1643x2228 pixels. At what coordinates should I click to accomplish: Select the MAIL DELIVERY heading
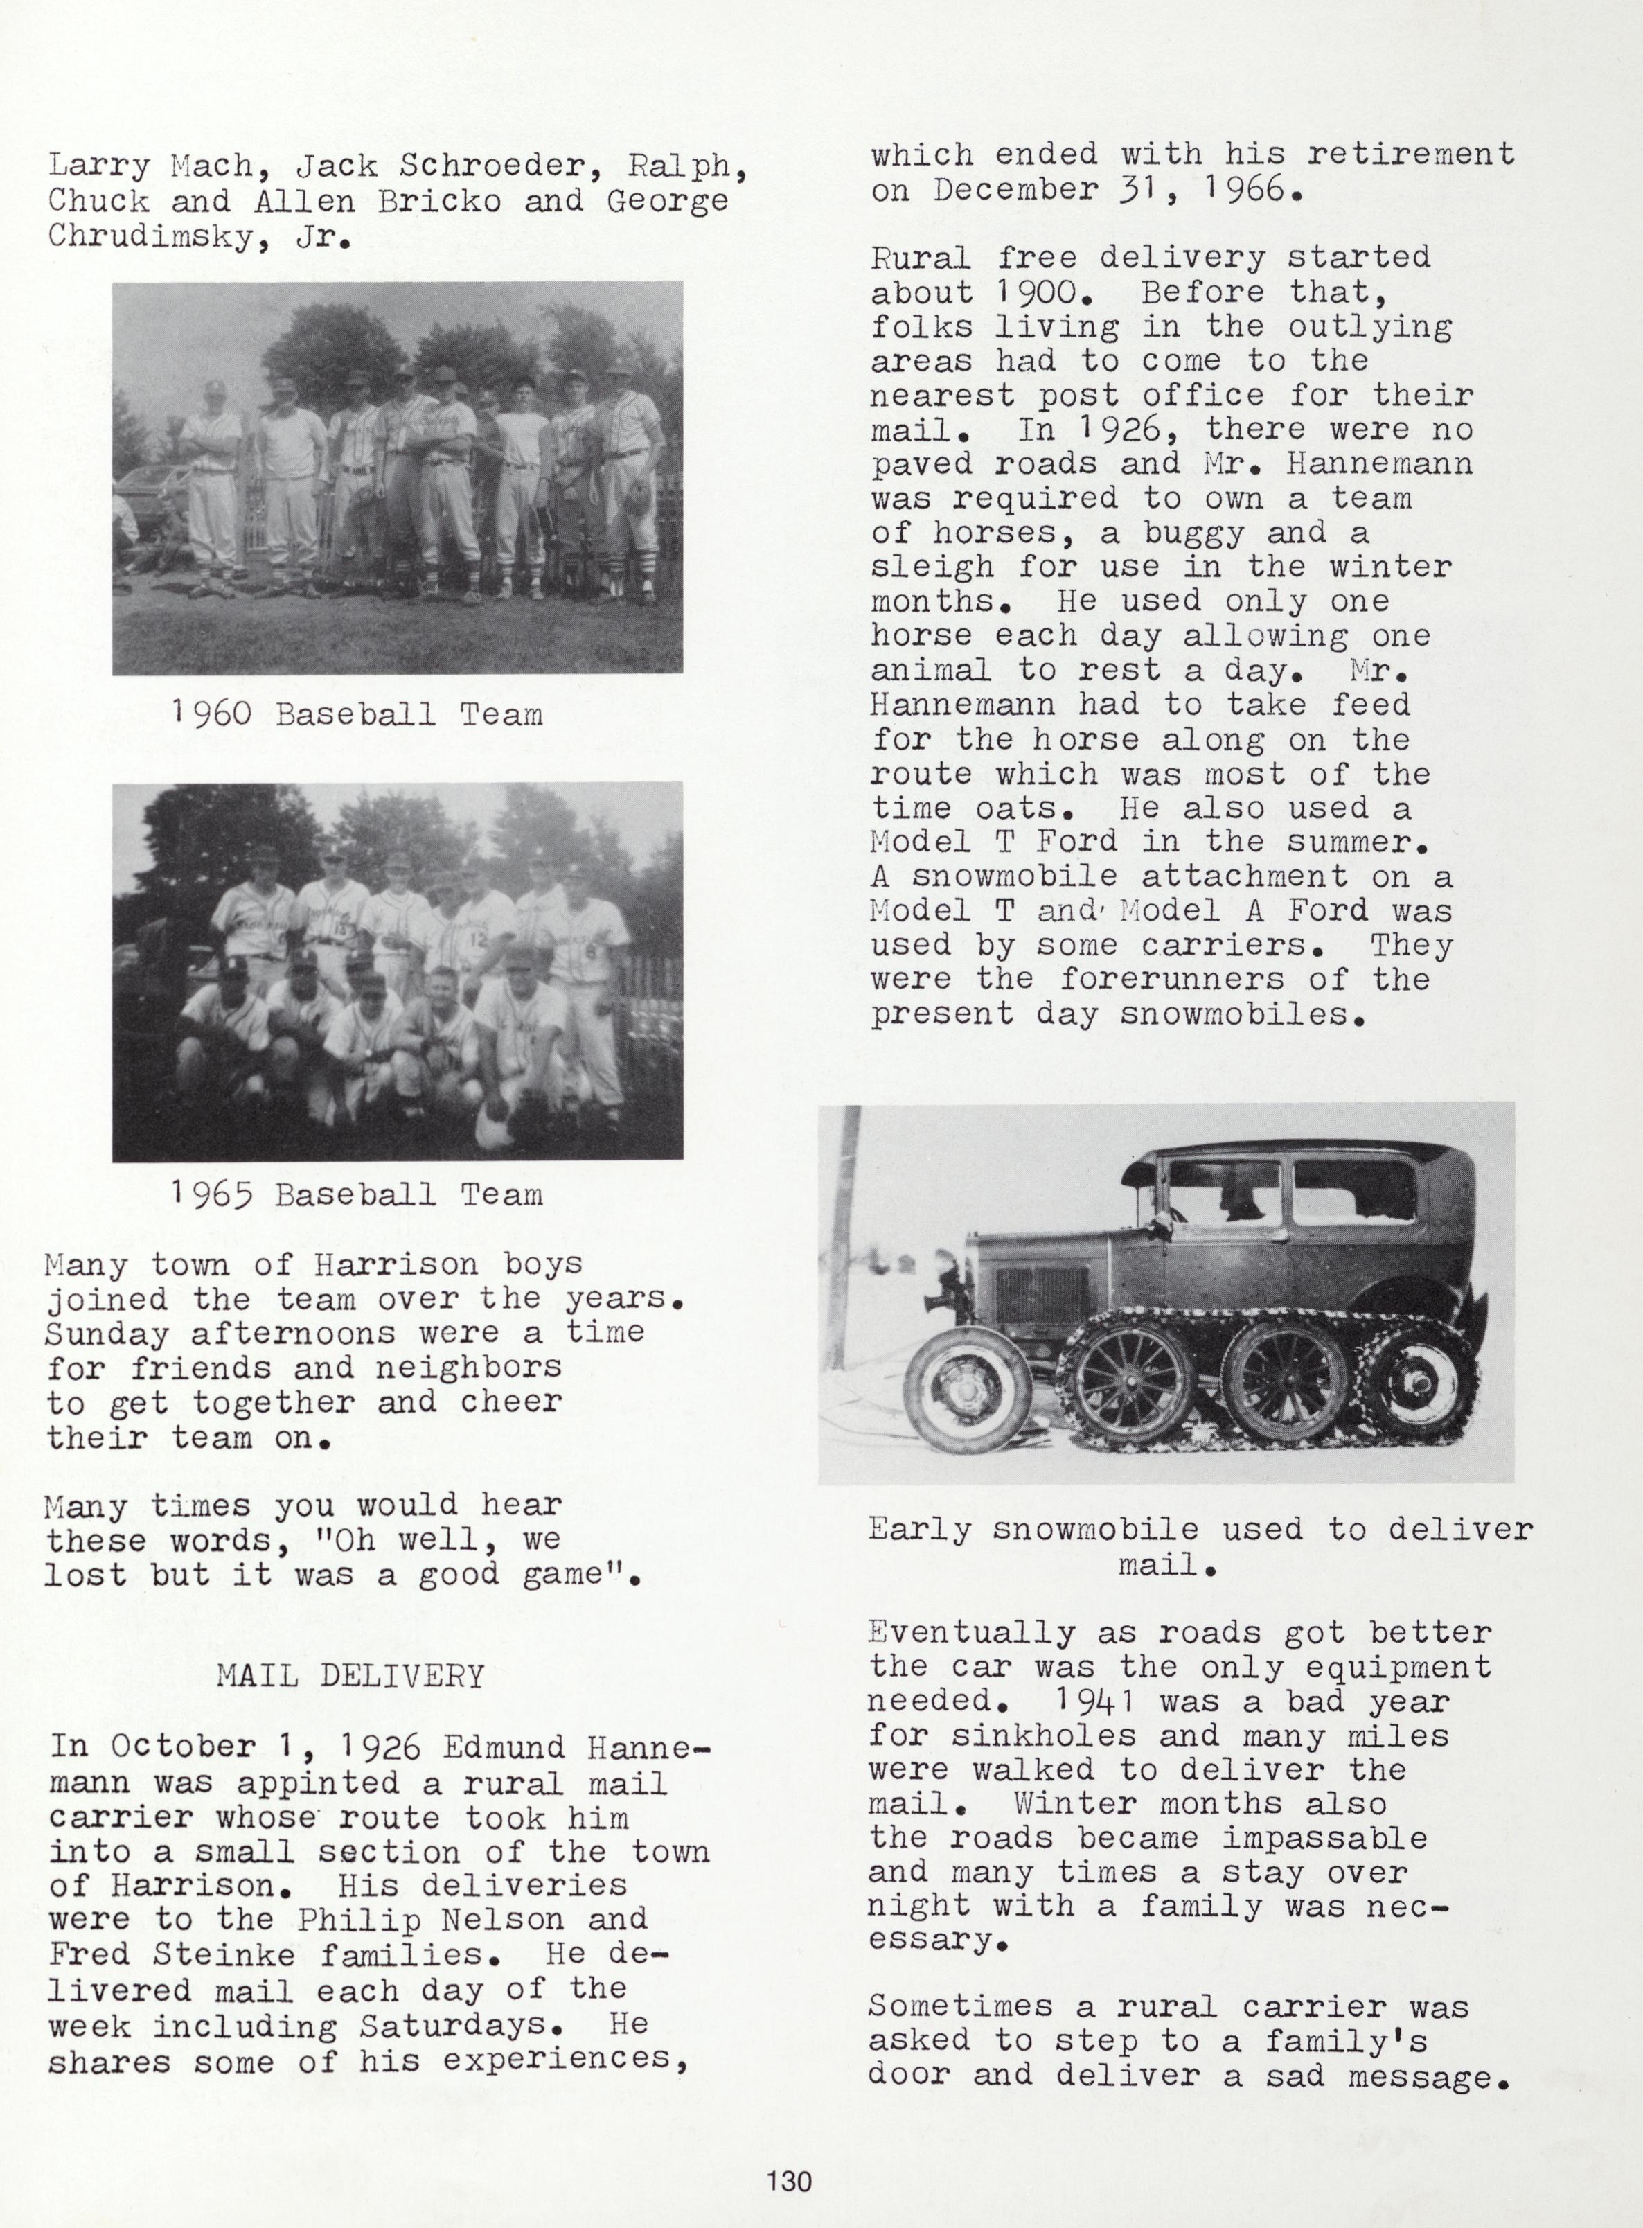(x=350, y=1676)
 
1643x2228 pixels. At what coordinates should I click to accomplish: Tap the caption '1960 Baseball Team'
(x=357, y=714)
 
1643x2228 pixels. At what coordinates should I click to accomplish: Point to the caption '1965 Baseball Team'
(x=357, y=1194)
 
